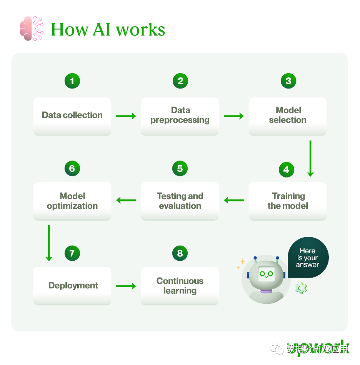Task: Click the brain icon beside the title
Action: click(31, 28)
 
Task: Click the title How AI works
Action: click(108, 29)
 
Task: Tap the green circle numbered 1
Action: click(72, 81)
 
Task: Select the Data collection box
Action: click(72, 116)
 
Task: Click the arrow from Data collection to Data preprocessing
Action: click(126, 116)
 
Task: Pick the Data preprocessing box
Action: click(180, 116)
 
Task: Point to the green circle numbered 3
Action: click(288, 81)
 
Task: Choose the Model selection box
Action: click(288, 116)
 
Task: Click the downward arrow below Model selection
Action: click(310, 158)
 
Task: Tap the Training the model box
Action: click(288, 201)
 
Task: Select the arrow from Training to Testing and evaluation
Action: click(234, 200)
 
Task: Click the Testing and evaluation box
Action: click(180, 201)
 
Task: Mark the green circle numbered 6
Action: click(72, 168)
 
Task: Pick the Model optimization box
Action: click(72, 201)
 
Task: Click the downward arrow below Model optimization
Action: click(49, 243)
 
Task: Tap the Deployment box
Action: click(72, 286)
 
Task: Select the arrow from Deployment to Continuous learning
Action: click(126, 286)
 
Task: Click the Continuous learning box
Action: click(180, 286)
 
